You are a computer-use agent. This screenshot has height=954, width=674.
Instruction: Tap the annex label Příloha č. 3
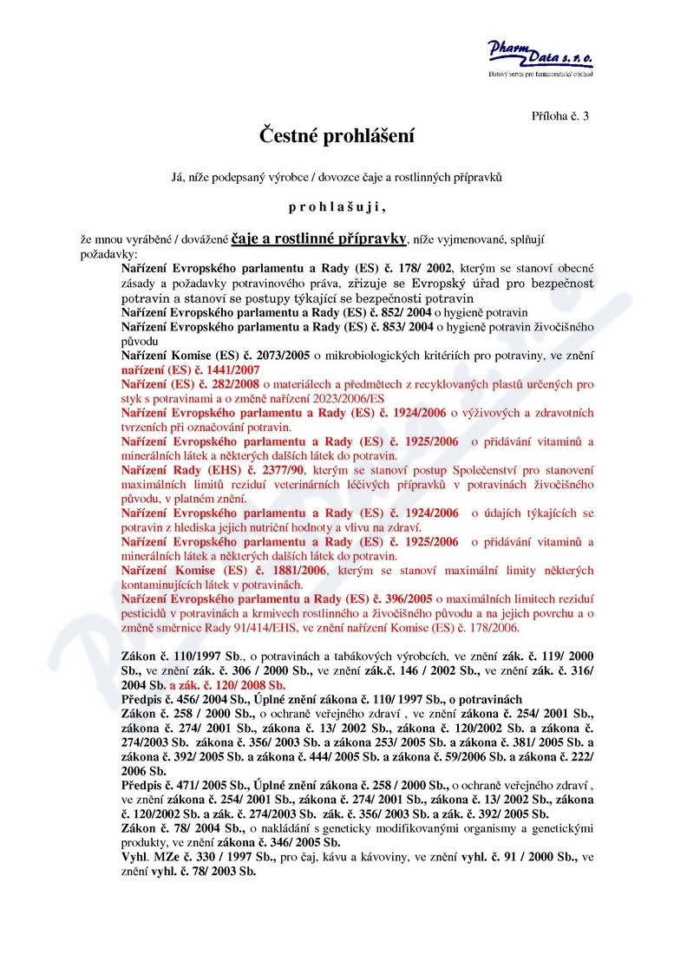click(559, 115)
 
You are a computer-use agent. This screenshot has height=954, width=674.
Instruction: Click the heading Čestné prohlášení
click(337, 136)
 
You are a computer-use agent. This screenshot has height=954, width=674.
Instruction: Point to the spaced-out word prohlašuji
click(337, 207)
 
